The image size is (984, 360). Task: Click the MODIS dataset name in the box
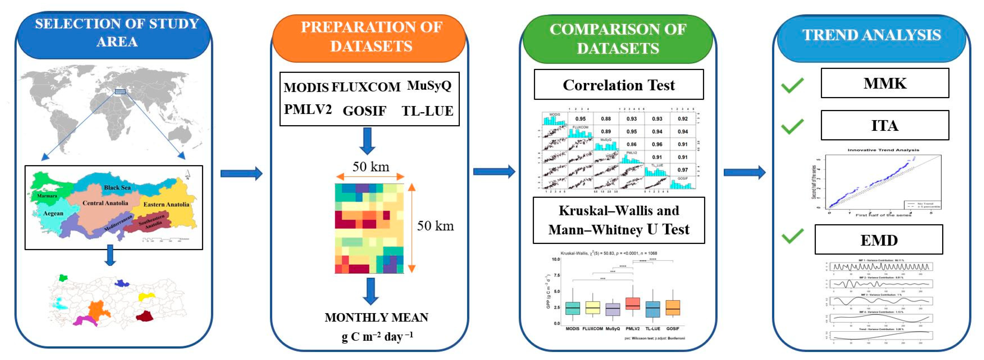point(306,87)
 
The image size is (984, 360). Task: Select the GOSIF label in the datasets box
point(364,111)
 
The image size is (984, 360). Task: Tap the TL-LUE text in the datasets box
point(427,111)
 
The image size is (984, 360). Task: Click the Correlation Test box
point(619,85)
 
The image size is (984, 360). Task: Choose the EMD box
point(878,240)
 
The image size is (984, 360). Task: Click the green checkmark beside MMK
point(792,85)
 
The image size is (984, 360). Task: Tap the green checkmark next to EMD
point(792,236)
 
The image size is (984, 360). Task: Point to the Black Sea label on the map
point(117,187)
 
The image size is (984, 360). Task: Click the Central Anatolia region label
point(105,203)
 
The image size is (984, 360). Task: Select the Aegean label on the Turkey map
point(53,213)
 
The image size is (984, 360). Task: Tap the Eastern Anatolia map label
point(166,204)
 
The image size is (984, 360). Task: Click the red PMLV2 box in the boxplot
point(633,303)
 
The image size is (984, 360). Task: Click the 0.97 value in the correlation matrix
point(683,170)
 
